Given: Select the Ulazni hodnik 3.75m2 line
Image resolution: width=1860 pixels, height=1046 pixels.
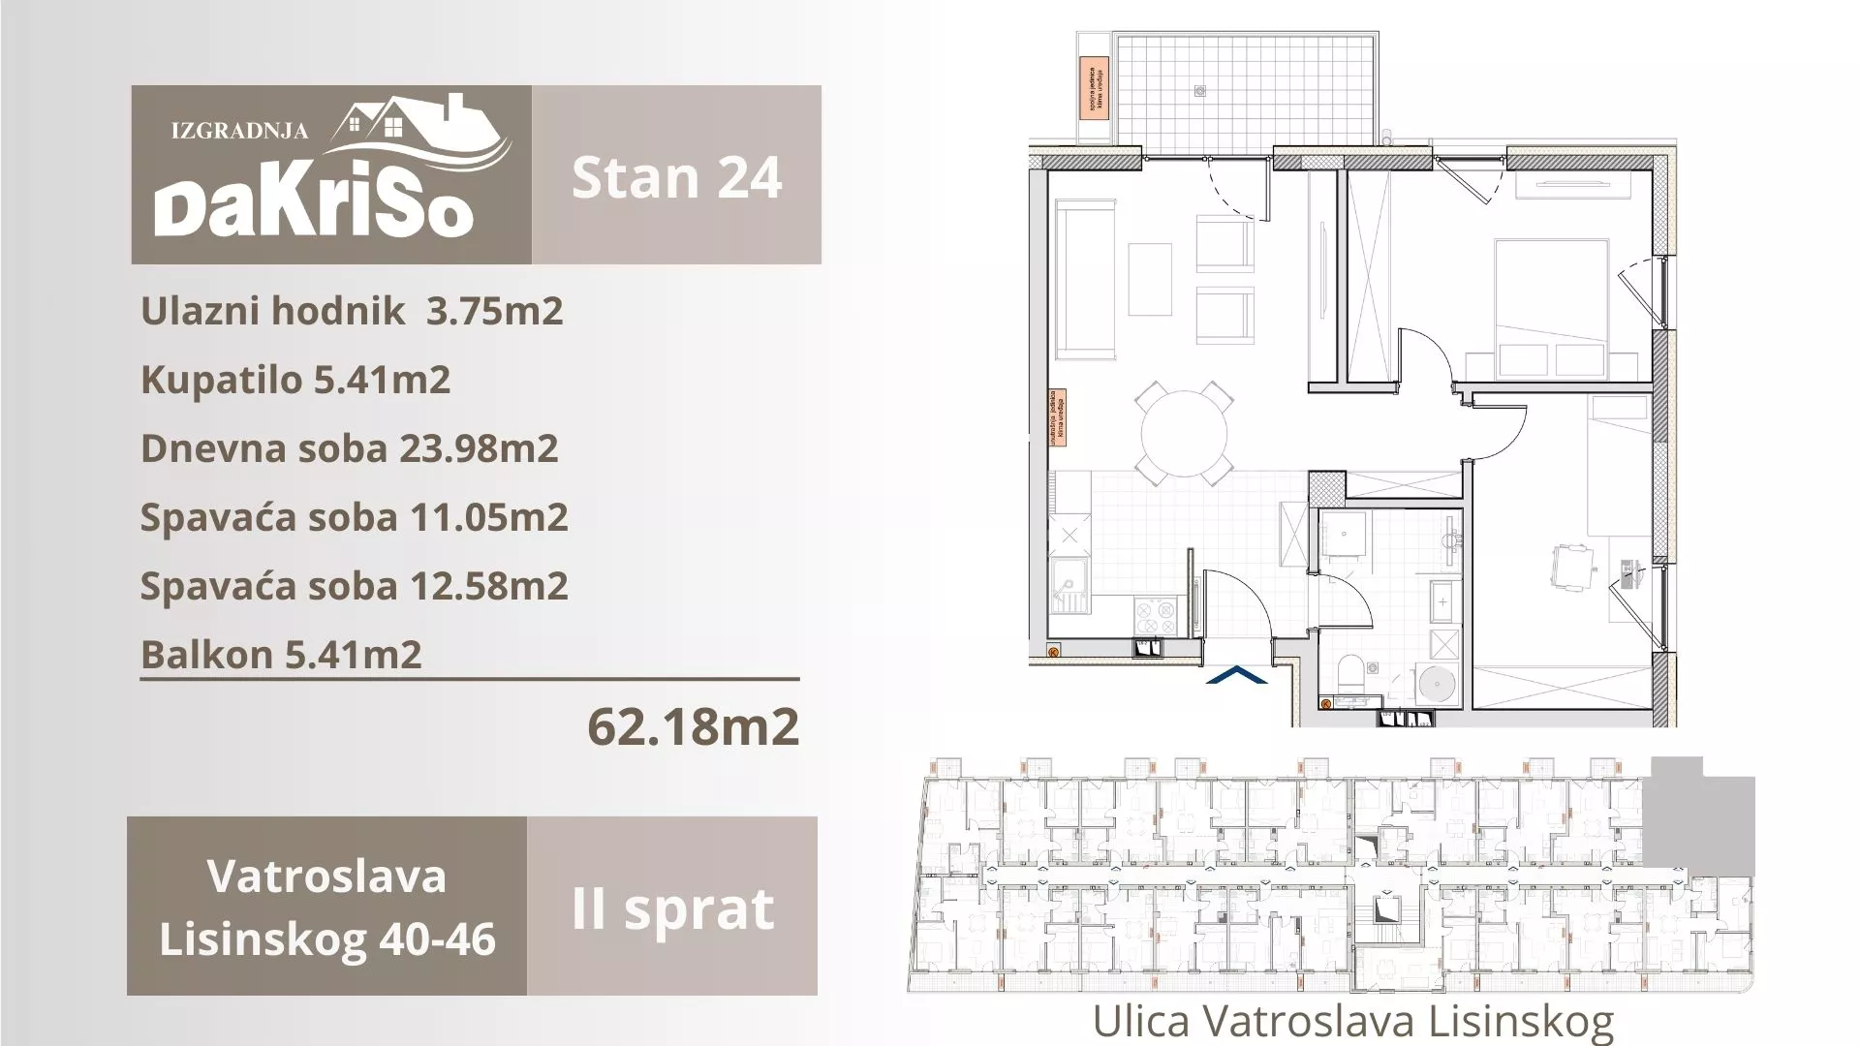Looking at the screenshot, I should point(352,311).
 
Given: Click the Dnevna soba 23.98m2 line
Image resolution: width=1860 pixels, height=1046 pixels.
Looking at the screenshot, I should point(350,448).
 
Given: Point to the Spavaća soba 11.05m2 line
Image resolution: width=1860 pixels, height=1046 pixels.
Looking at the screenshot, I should point(354,517).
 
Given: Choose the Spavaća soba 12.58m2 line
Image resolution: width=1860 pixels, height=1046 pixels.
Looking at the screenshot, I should point(354,586).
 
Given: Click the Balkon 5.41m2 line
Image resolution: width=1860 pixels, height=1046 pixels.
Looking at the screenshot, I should point(281,655).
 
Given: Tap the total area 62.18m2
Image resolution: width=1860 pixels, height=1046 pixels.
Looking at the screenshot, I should point(694,725).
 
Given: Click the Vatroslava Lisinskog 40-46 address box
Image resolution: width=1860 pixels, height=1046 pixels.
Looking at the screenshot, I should point(326,907).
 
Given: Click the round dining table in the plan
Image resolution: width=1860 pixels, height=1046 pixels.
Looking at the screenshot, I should point(1184,433).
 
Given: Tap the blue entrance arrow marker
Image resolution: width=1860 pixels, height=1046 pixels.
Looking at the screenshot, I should point(1236,675).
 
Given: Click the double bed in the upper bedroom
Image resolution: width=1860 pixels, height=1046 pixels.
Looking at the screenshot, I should point(1551,308).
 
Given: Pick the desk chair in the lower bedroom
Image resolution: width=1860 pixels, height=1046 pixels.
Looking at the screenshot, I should point(1571,565).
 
